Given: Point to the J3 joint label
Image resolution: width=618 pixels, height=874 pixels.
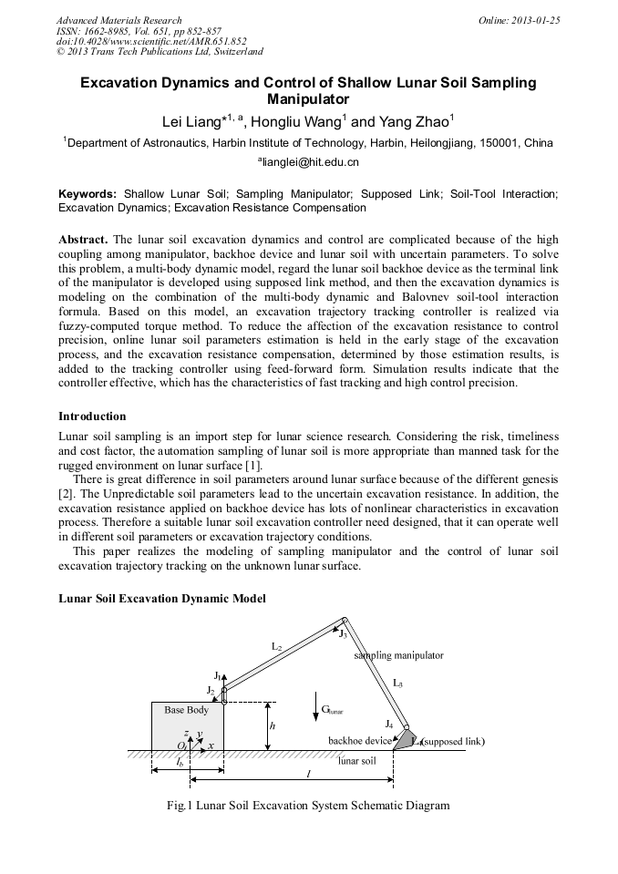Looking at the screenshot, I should coord(343,633).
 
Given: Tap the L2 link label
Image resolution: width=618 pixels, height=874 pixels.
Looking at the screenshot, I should coord(276,646).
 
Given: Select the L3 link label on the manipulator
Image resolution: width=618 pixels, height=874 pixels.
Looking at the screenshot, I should coord(397,682).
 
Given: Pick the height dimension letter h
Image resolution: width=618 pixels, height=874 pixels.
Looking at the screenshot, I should coord(273,725).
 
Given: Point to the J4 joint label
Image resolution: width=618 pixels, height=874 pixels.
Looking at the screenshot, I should coord(389,724).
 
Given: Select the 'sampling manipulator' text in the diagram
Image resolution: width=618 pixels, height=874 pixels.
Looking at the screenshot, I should coord(398,655).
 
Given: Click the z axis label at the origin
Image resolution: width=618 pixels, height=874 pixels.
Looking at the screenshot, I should coord(186,732).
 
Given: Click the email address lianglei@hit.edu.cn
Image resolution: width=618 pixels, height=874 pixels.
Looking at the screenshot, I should coord(308,161).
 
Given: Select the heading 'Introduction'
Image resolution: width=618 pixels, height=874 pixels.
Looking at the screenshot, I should coord(92,416).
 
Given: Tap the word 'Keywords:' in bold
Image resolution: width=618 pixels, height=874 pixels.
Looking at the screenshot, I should coord(88,194).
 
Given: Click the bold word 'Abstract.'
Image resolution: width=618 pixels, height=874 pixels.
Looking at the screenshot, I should coord(84,239).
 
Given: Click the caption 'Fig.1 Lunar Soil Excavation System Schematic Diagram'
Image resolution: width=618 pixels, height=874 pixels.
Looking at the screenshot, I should coord(308,806).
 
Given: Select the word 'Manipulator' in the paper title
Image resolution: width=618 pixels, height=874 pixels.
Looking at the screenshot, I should coord(308,98).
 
